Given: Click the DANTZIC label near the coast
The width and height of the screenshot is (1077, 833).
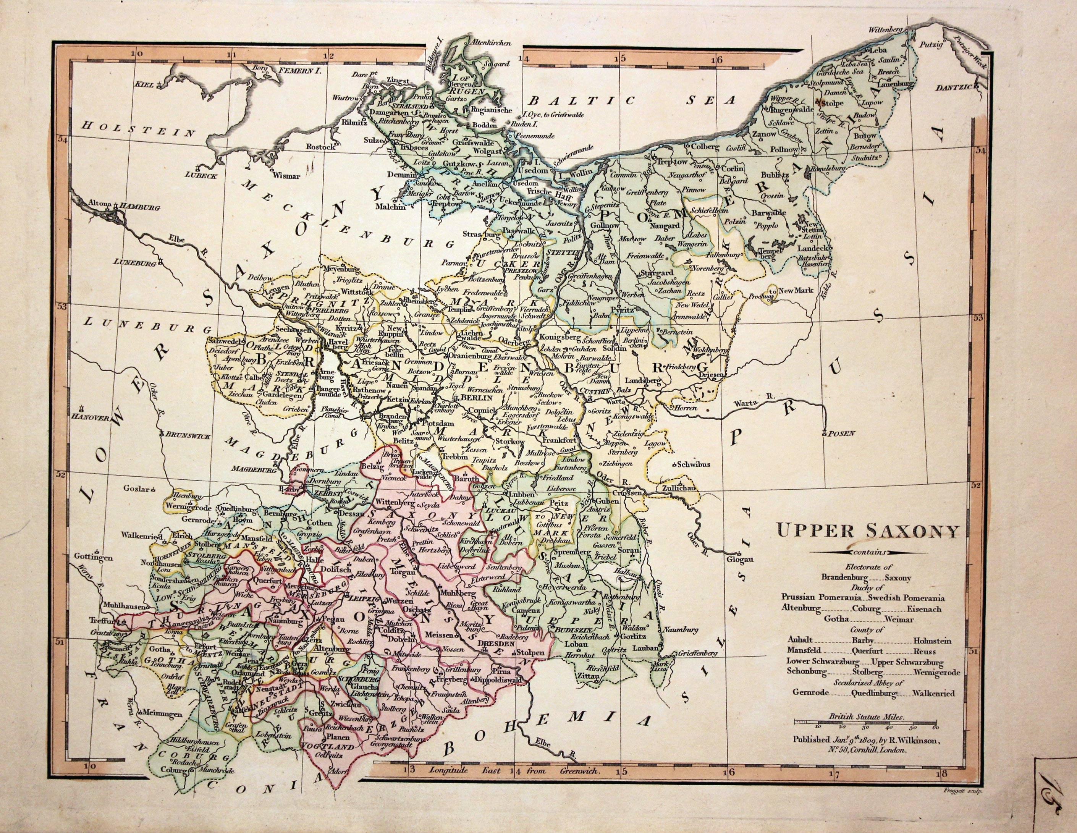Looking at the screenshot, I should point(954,88).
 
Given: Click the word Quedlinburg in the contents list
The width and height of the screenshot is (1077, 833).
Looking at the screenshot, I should point(873,694).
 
